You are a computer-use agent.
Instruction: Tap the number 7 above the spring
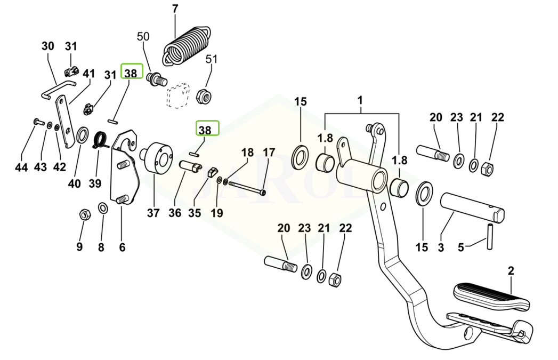[x=175, y=9]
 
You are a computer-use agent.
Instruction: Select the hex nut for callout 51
[x=203, y=95]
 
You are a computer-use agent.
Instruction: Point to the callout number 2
[x=511, y=271]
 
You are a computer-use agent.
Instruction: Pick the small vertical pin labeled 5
[x=489, y=236]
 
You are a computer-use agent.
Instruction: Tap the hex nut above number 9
[x=84, y=215]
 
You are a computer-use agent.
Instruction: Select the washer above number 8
[x=102, y=207]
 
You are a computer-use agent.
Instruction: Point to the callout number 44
[x=21, y=167]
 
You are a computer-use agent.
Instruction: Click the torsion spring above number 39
[x=101, y=140]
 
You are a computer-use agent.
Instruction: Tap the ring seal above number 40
[x=83, y=135]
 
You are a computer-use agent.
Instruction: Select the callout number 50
[x=143, y=36]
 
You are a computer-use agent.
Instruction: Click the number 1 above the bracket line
[x=360, y=100]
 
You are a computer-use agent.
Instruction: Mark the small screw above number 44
[x=37, y=122]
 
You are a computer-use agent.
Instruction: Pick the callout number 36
[x=175, y=213]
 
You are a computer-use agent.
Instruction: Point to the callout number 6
[x=122, y=247]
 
